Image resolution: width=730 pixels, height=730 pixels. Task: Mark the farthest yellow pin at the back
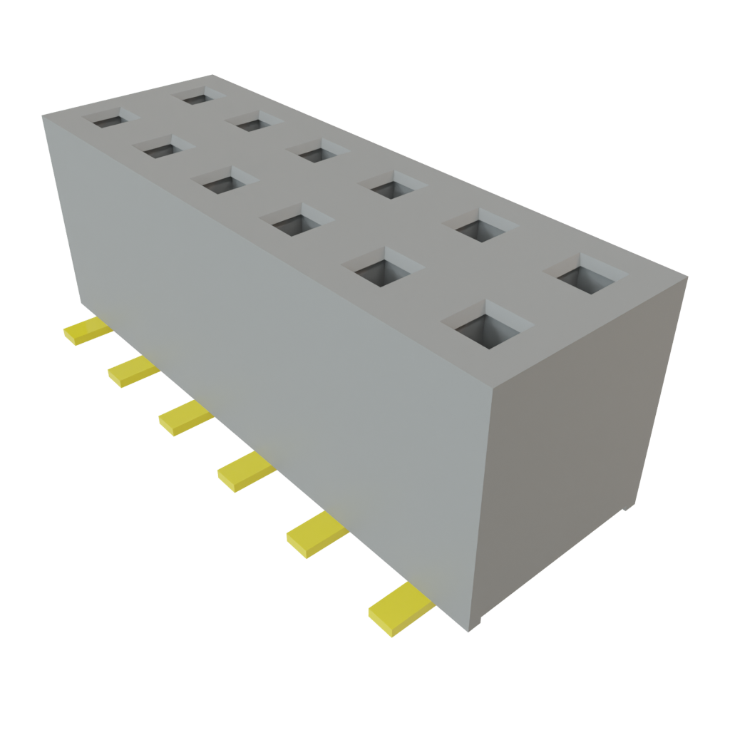[87, 331]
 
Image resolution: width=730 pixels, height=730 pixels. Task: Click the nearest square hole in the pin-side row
[487, 325]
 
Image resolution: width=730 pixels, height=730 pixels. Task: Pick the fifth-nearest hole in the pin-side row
[165, 149]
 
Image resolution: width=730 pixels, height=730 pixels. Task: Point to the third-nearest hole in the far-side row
[392, 187]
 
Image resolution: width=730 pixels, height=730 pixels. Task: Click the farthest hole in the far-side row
[200, 96]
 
